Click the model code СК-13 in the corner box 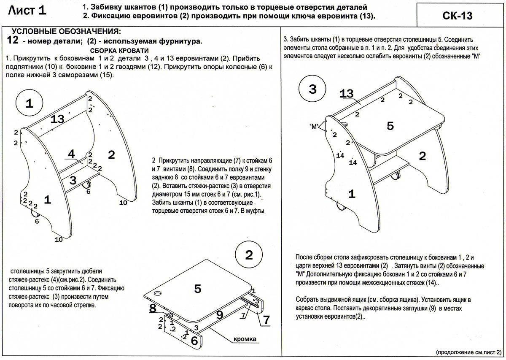[x=457, y=16]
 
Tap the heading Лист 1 [x=27, y=11]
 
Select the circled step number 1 [x=30, y=103]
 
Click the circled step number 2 [x=249, y=255]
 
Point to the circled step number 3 [x=312, y=89]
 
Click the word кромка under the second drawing [x=245, y=339]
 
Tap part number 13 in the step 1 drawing [x=57, y=119]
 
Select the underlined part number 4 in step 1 [x=71, y=154]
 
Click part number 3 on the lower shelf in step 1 [x=73, y=181]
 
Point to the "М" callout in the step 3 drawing [x=314, y=126]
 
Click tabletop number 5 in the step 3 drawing [x=390, y=126]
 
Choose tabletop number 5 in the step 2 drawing [x=198, y=289]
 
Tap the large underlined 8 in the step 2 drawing [x=153, y=308]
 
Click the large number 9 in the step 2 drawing [x=220, y=315]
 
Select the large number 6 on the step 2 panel [x=194, y=341]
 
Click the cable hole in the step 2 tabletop [x=158, y=293]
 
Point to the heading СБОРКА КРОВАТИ [x=119, y=50]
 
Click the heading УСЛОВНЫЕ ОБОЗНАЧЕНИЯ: [x=66, y=31]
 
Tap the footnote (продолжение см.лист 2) [x=469, y=352]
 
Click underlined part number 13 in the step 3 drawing [x=347, y=93]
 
